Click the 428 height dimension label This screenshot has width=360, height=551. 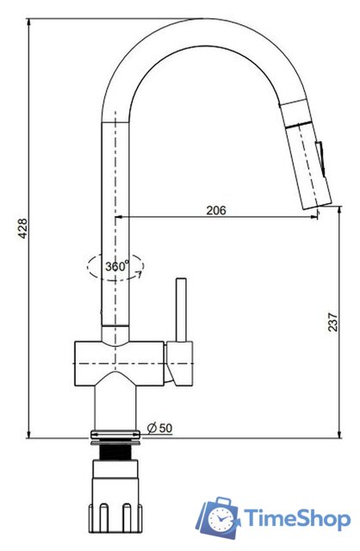pyautogui.click(x=24, y=227)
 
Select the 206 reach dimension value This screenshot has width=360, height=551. pyautogui.click(x=216, y=210)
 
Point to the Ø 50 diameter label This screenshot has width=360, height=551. pyautogui.click(x=159, y=428)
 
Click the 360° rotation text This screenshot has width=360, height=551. pyautogui.click(x=117, y=267)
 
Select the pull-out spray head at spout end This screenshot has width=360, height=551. pyautogui.click(x=306, y=156)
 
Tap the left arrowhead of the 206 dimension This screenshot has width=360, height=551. pyautogui.click(x=120, y=217)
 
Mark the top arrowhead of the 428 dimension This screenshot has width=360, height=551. pyautogui.click(x=30, y=22)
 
